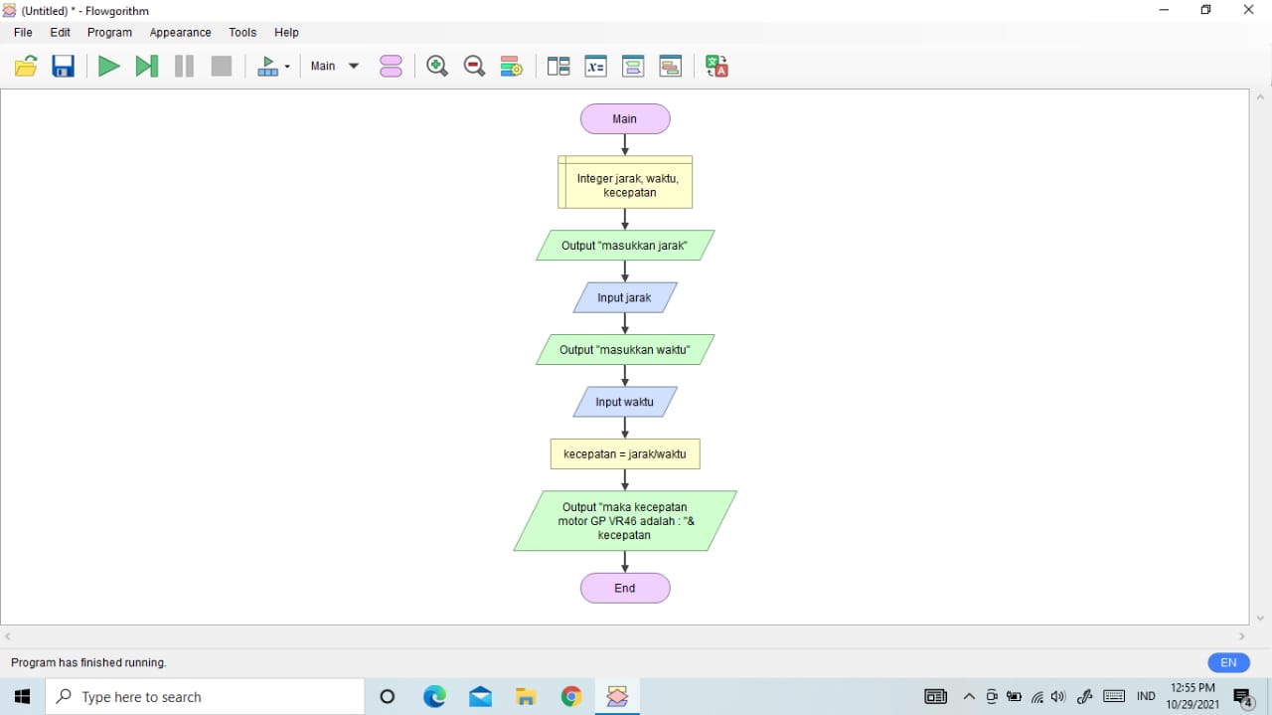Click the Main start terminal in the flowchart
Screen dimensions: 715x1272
tap(625, 119)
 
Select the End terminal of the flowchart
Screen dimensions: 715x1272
tap(625, 588)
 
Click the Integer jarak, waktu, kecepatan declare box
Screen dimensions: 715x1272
tap(625, 183)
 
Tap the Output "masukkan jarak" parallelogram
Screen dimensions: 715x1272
tap(625, 246)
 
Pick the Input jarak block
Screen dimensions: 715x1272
tap(625, 297)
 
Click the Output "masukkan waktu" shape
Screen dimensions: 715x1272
tap(625, 350)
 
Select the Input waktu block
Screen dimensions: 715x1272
tap(625, 402)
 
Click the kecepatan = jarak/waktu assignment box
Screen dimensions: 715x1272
tap(625, 454)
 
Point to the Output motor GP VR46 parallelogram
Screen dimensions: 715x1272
tap(625, 521)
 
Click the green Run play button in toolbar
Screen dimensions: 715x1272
tap(108, 67)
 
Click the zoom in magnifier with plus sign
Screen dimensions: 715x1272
tap(436, 67)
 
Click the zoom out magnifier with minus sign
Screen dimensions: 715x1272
tap(474, 67)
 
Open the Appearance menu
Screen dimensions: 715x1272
tap(180, 33)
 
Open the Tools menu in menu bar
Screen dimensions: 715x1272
tap(242, 33)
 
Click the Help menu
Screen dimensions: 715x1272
tap(286, 33)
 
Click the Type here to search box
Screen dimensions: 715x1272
tap(206, 697)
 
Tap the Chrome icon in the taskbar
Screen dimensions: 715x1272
tap(571, 697)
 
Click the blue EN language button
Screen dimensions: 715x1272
tap(1228, 662)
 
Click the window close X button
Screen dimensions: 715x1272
tap(1249, 10)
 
